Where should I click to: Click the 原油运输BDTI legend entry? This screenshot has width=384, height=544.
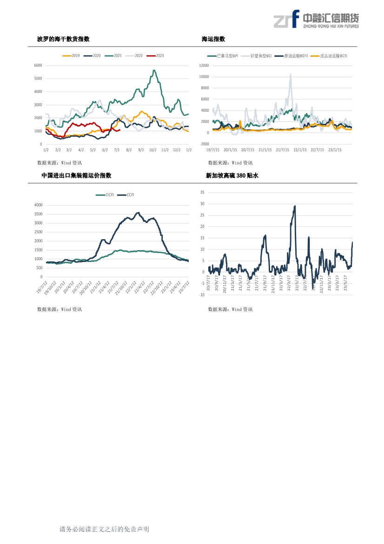coord(291,56)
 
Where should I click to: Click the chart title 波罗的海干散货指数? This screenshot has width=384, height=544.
coord(63,39)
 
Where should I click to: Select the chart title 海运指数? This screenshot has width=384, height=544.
coord(213,39)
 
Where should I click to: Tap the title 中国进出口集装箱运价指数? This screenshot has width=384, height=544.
coord(76,175)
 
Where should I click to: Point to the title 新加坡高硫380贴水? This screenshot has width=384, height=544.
coord(232,175)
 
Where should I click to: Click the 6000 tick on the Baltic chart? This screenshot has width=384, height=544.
coord(38,65)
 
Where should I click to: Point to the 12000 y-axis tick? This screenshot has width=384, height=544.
coord(204,66)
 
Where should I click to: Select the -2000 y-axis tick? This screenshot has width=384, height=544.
coord(204,144)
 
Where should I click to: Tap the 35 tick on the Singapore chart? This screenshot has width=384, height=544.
coord(202,192)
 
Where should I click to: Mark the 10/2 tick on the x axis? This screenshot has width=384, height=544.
coord(152,150)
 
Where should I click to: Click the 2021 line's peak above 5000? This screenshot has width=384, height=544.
coord(154,70)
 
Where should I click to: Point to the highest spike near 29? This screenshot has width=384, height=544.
coord(295,206)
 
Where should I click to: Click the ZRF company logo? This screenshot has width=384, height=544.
coord(316,20)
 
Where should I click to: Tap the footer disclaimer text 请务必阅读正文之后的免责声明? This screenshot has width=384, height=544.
coord(104,529)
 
